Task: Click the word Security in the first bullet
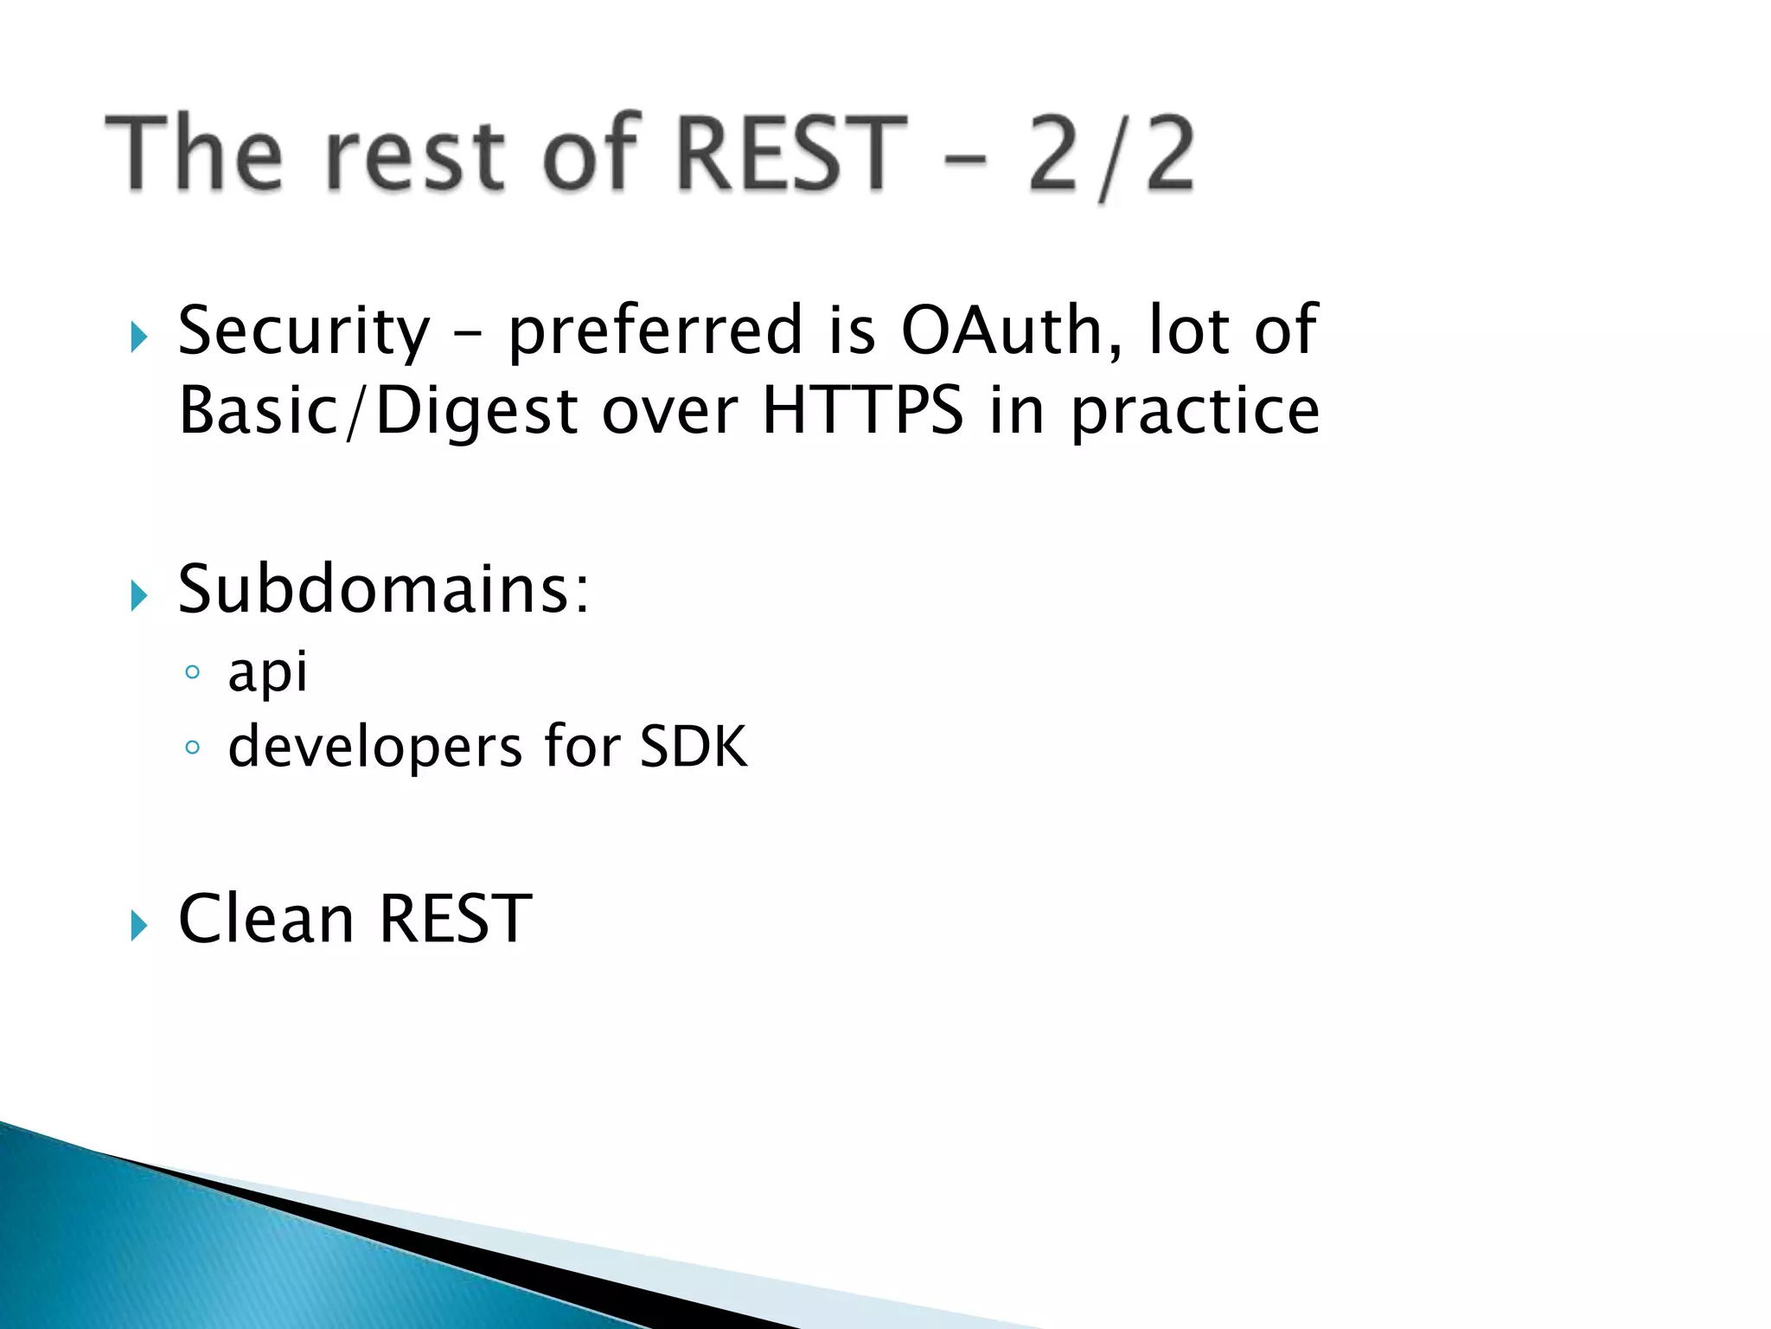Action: [303, 333]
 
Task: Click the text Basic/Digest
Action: [378, 412]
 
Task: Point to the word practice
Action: [1195, 412]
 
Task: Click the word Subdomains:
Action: [383, 590]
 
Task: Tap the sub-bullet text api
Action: [267, 673]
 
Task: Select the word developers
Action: [375, 748]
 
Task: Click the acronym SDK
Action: [693, 747]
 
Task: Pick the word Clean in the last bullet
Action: [265, 919]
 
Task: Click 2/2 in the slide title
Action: [1111, 156]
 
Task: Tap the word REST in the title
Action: [789, 154]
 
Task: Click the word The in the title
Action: [195, 154]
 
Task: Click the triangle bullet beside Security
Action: [138, 337]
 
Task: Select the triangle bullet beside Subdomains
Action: [138, 596]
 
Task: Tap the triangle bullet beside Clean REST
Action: [138, 925]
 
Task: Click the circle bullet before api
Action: [192, 672]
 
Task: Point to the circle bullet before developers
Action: [192, 747]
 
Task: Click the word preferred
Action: [655, 333]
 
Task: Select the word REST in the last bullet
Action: [455, 919]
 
